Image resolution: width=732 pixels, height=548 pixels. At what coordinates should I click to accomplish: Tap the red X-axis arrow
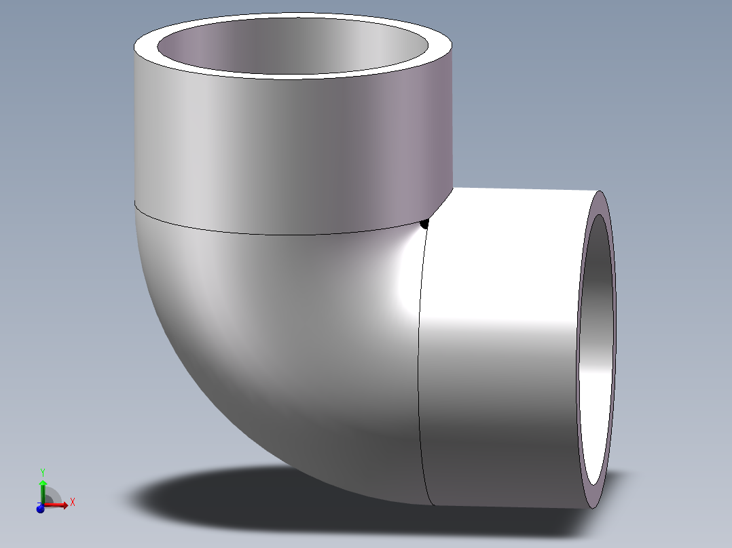(x=60, y=505)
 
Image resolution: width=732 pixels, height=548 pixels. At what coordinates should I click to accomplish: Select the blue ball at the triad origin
(x=40, y=508)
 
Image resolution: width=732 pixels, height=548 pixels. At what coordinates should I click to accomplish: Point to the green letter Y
(x=42, y=471)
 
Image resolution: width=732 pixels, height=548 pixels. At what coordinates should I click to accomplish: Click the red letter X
(x=73, y=503)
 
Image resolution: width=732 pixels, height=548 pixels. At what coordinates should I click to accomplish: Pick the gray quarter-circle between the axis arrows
(x=50, y=497)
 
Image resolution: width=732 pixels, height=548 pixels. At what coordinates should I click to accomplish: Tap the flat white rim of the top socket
(x=292, y=73)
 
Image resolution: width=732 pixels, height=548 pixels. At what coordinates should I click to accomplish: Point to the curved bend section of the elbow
(x=272, y=339)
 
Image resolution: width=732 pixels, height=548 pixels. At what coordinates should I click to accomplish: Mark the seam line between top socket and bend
(x=272, y=233)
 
